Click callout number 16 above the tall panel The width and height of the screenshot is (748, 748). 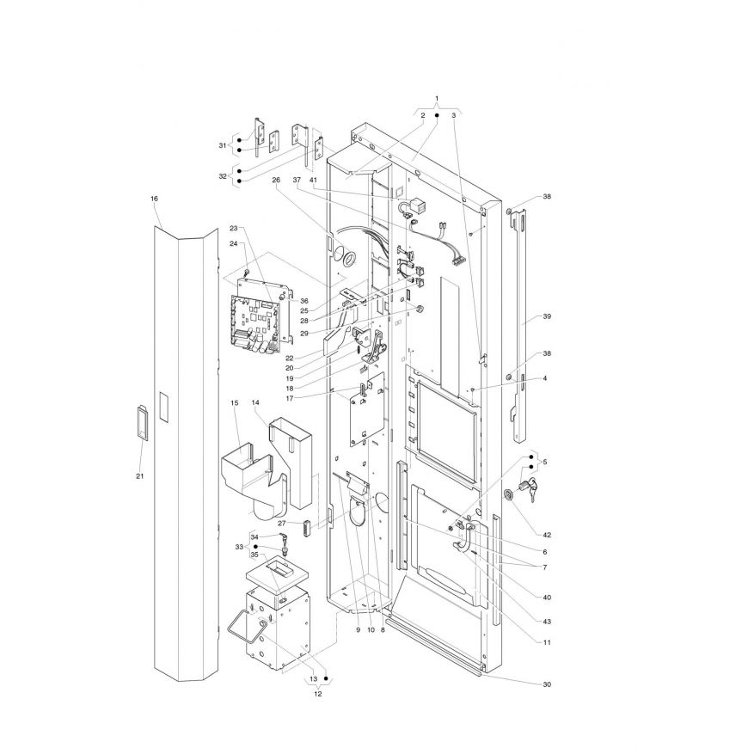(154, 199)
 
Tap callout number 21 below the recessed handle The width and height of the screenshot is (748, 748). (140, 475)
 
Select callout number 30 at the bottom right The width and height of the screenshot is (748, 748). (547, 684)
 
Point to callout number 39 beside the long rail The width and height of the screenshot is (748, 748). (547, 316)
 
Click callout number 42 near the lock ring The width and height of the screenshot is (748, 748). (547, 535)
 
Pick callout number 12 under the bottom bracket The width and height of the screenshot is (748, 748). (318, 694)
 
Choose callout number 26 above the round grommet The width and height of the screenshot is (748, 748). (276, 180)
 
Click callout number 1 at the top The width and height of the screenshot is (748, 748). (437, 98)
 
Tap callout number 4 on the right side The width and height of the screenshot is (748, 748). (545, 378)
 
